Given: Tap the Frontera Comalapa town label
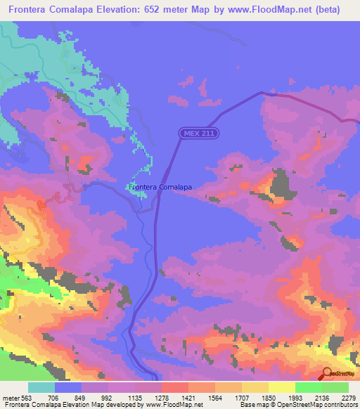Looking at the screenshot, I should pos(160,188).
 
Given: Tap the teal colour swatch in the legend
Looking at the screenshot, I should pos(41,387).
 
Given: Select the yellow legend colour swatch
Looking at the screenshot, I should pos(281,387).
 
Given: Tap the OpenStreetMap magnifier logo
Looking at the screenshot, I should pos(328,375).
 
